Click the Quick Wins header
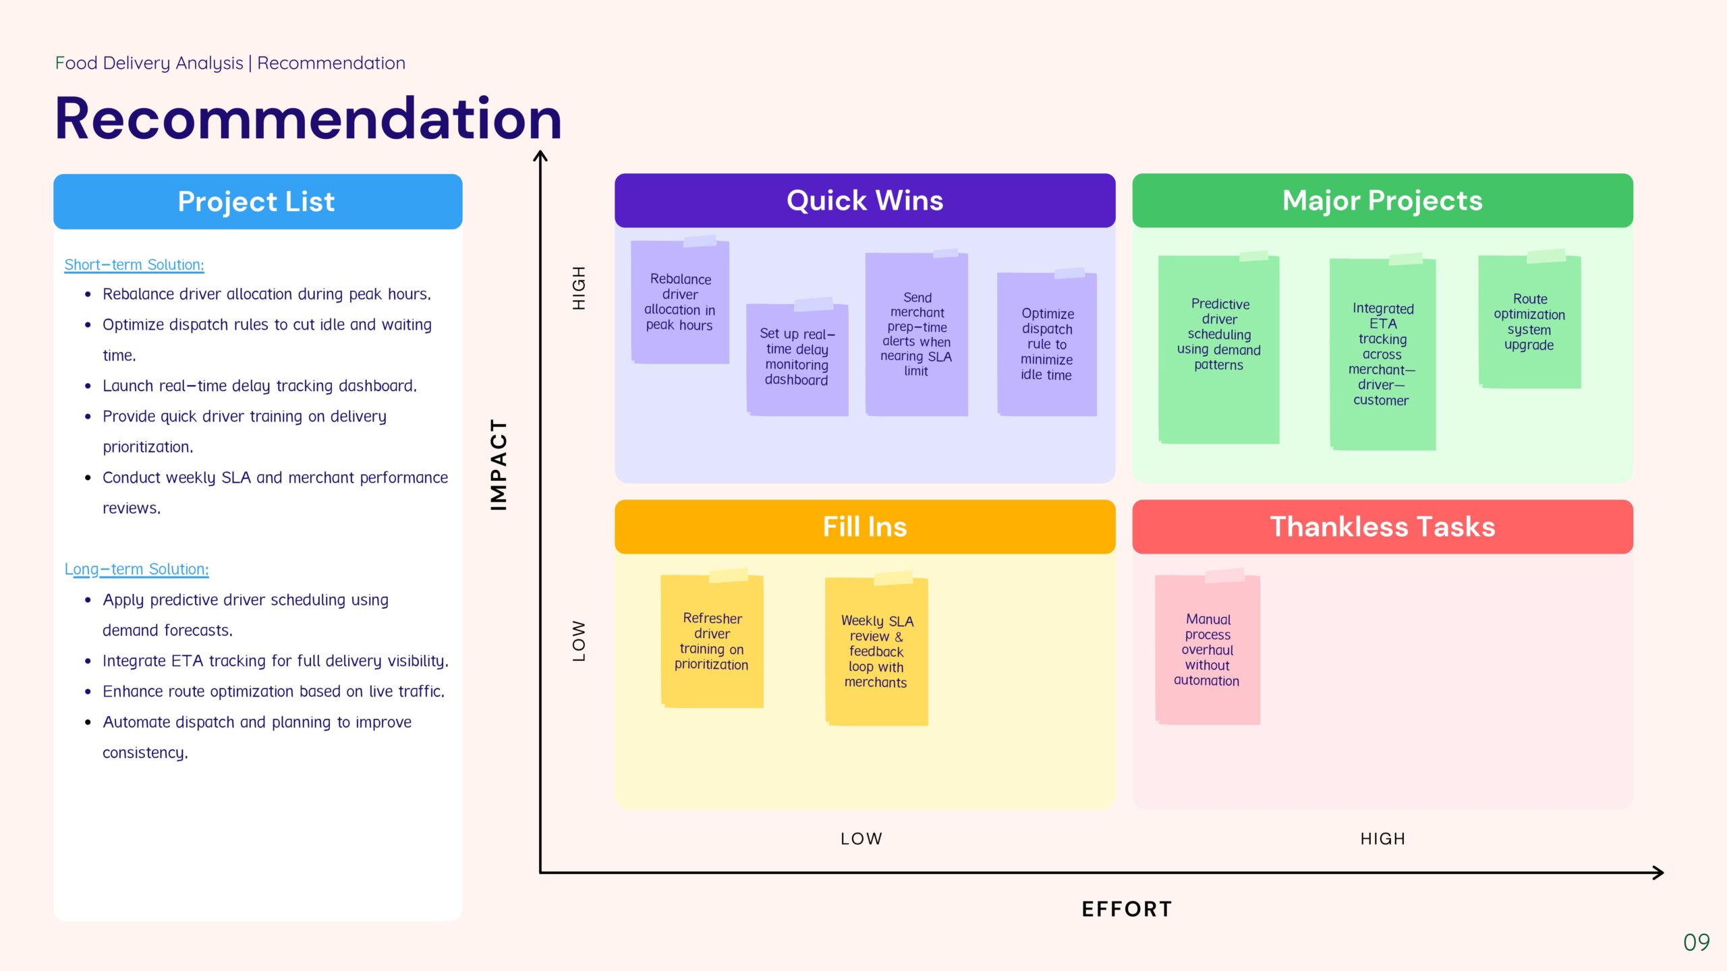pyautogui.click(x=864, y=201)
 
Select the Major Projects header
pyautogui.click(x=1382, y=201)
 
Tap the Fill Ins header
pyautogui.click(x=864, y=527)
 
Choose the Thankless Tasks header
pyautogui.click(x=1382, y=527)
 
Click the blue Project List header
pyautogui.click(x=257, y=202)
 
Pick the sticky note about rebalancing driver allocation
pyautogui.click(x=679, y=302)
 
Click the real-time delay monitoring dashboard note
pyautogui.click(x=797, y=357)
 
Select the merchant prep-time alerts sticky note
pyautogui.click(x=916, y=334)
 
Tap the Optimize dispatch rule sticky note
pyautogui.click(x=1046, y=344)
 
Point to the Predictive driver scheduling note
pyautogui.click(x=1218, y=349)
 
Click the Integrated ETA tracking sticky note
pyautogui.click(x=1382, y=355)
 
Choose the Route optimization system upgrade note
pyautogui.click(x=1529, y=322)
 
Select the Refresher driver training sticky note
pyautogui.click(x=712, y=641)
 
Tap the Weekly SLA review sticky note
pyautogui.click(x=876, y=651)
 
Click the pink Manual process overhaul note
pyautogui.click(x=1207, y=650)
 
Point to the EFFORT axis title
pyautogui.click(x=1127, y=909)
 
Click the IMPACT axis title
pyautogui.click(x=499, y=465)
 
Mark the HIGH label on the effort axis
pyautogui.click(x=1382, y=839)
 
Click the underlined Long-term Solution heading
pyautogui.click(x=136, y=569)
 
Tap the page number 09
pyautogui.click(x=1696, y=942)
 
